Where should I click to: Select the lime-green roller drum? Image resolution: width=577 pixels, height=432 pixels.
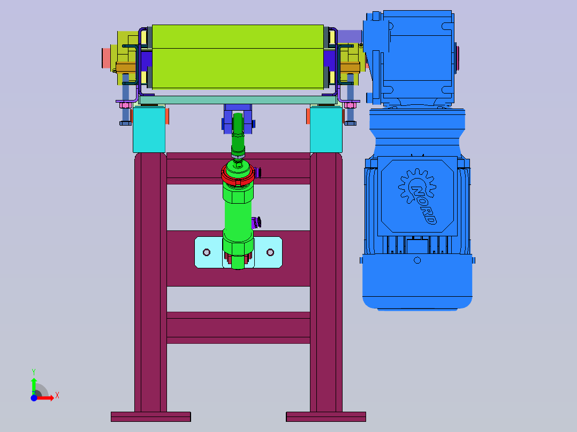(238, 57)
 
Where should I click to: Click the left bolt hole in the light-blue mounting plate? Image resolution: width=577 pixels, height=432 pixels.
(207, 252)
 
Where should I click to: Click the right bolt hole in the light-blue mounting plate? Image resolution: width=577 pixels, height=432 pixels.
(270, 252)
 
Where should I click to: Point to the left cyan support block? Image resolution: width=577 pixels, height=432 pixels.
(149, 129)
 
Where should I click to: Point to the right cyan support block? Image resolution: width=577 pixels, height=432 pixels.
(326, 129)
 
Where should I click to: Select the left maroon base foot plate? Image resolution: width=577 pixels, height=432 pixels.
(151, 416)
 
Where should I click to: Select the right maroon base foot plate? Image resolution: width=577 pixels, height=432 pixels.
(326, 416)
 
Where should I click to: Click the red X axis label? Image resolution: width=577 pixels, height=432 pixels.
(57, 396)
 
